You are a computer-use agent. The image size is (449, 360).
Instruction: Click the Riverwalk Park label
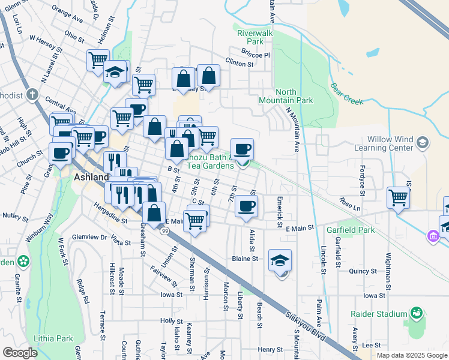[x=250, y=37]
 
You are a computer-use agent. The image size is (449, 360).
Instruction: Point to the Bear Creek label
[x=346, y=93]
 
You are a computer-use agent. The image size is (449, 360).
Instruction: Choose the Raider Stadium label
[x=379, y=313]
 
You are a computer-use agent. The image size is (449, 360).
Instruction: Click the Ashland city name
[x=91, y=178]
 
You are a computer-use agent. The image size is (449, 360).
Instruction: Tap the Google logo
[x=20, y=353]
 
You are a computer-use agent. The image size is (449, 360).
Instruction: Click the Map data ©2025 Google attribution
[x=412, y=355]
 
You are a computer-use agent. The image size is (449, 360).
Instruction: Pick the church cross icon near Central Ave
[x=32, y=94]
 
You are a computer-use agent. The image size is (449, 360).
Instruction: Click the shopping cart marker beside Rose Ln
[x=399, y=197]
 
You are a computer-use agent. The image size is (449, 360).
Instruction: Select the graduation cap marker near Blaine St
[x=280, y=260]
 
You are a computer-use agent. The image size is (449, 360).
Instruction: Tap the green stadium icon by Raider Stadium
[x=415, y=313]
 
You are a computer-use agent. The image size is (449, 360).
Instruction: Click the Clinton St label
[x=240, y=61]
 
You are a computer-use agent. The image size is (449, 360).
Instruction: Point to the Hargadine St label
[x=111, y=221]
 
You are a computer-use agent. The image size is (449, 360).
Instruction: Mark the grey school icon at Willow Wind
[x=423, y=142]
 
